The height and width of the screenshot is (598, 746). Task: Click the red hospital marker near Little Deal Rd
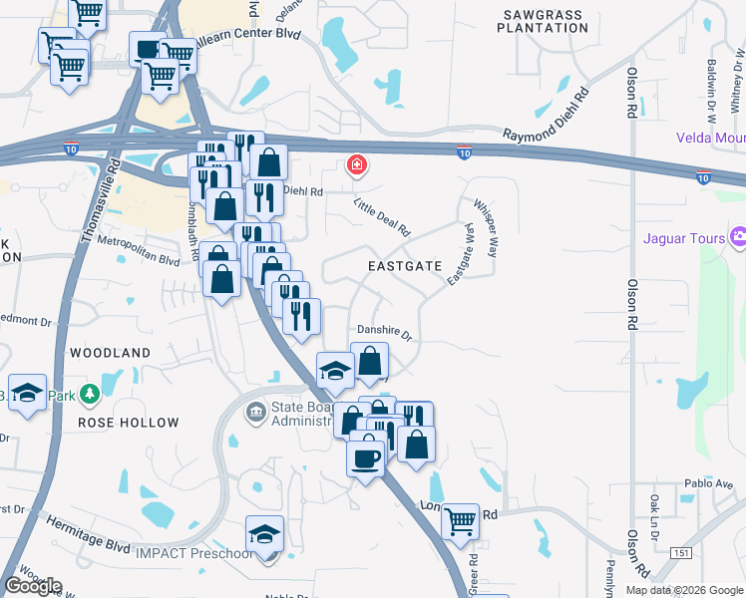tap(355, 165)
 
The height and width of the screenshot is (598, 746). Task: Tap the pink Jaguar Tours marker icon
tap(738, 237)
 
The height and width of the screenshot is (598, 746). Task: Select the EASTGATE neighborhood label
tap(404, 266)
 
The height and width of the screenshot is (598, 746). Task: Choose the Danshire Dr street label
tap(384, 333)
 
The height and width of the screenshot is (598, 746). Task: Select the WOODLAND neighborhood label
tap(110, 353)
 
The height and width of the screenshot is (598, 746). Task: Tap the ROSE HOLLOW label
tap(129, 423)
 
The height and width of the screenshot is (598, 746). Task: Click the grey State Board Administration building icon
tap(256, 411)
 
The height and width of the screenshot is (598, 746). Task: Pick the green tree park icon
tap(91, 394)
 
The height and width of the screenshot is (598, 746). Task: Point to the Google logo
tap(33, 585)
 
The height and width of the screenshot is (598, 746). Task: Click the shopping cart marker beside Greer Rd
tap(460, 520)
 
